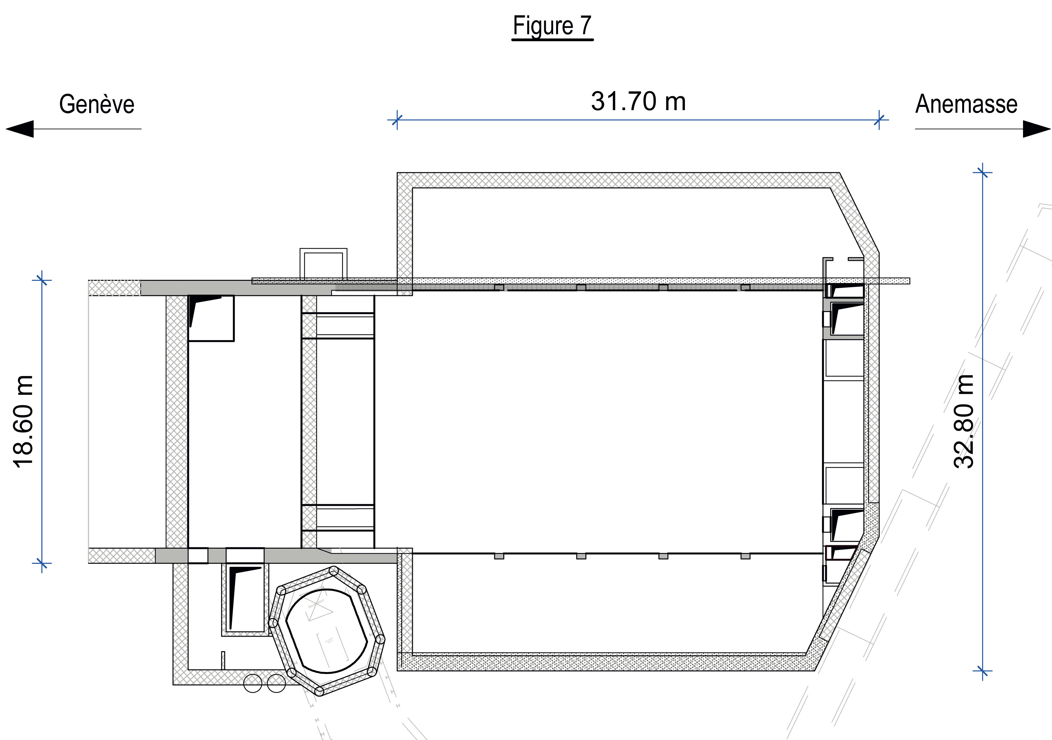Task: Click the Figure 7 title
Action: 552,26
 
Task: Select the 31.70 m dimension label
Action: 638,101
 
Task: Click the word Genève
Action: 97,104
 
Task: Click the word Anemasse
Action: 966,104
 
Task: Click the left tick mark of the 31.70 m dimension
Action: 397,120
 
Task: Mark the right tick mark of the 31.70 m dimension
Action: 879,120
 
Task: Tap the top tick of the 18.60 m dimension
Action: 42,280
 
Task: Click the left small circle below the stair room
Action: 252,683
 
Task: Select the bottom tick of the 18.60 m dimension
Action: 42,563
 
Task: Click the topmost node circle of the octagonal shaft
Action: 334,571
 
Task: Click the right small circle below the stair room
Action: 276,683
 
